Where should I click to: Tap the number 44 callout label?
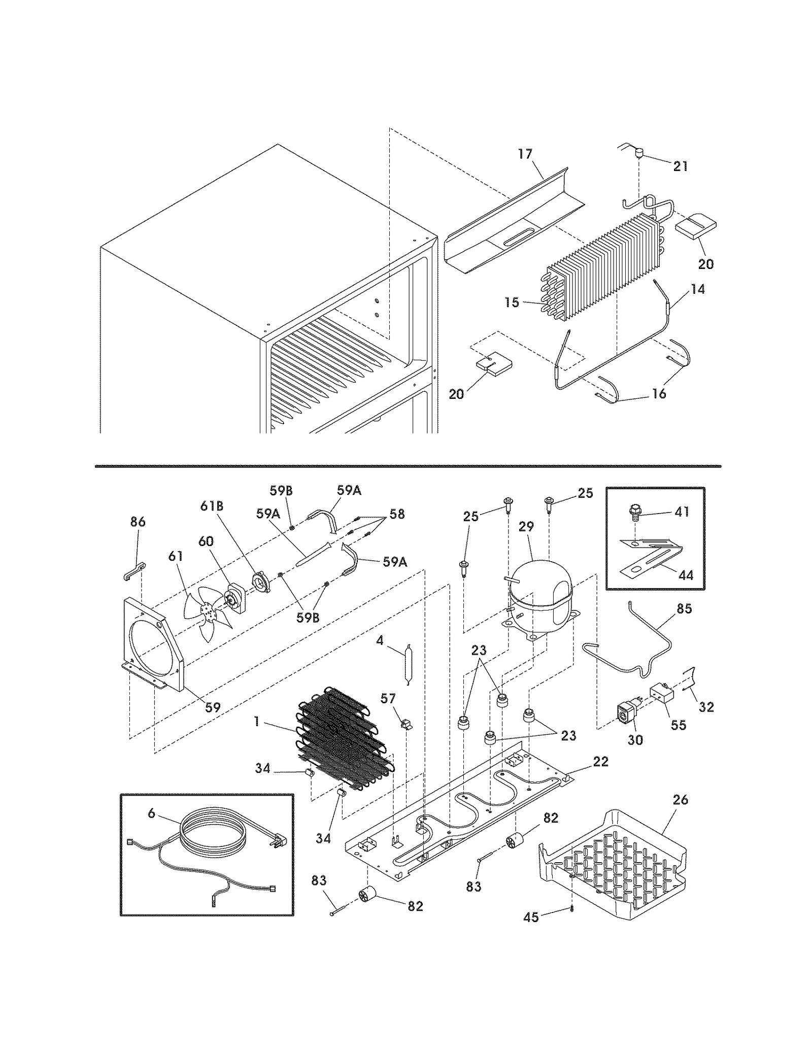coord(686,575)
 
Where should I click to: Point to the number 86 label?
coord(138,522)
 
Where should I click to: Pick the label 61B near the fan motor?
coord(212,506)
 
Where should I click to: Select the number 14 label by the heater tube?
coord(698,289)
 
